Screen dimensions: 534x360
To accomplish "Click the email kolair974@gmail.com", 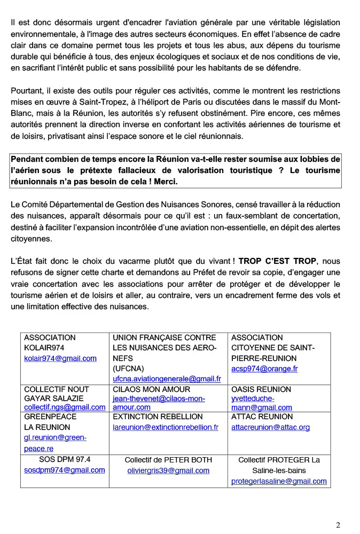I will click(60, 358).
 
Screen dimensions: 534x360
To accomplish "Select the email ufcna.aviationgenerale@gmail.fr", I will click(167, 379).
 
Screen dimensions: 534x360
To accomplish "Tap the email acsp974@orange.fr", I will click(264, 368).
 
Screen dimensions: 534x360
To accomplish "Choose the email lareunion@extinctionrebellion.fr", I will click(166, 427).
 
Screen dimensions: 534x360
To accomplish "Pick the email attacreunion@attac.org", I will click(270, 427).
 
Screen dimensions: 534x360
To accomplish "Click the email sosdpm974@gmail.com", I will click(65, 470).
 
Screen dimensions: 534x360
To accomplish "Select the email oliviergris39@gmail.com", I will click(168, 470).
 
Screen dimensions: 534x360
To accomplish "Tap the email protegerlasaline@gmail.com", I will click(279, 481).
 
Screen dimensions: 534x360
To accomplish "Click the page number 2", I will click(338, 525).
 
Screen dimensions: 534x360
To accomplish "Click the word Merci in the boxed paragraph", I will click(167, 182).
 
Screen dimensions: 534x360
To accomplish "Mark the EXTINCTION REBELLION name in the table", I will click(158, 417).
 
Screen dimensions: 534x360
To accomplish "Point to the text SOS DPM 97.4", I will click(65, 459).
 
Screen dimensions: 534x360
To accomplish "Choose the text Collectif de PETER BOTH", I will click(168, 460).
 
